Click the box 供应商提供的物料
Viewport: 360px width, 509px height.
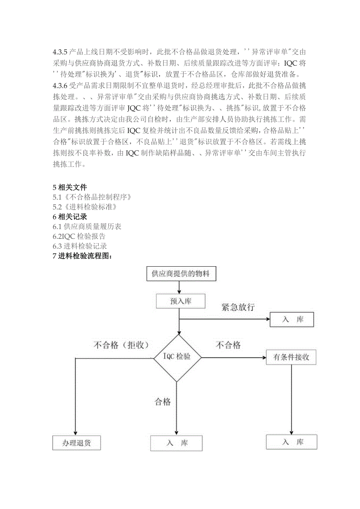[x=180, y=273]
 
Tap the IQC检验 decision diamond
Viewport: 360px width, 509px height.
[x=177, y=357]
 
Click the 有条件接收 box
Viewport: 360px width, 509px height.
[x=291, y=357]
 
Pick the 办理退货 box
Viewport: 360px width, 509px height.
[x=76, y=443]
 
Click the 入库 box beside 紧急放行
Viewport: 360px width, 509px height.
[x=292, y=320]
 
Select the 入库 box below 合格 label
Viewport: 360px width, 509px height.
[x=176, y=443]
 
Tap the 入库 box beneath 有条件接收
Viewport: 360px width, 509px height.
[x=292, y=442]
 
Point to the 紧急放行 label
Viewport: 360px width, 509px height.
[x=238, y=307]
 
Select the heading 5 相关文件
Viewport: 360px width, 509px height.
[x=70, y=187]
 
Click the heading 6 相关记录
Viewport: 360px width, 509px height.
[x=70, y=217]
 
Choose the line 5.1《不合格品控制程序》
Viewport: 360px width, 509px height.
[x=92, y=197]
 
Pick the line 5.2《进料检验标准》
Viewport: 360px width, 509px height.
[x=85, y=207]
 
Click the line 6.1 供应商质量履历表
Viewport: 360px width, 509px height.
[x=87, y=227]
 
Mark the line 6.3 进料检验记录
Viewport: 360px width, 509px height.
[x=80, y=246]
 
